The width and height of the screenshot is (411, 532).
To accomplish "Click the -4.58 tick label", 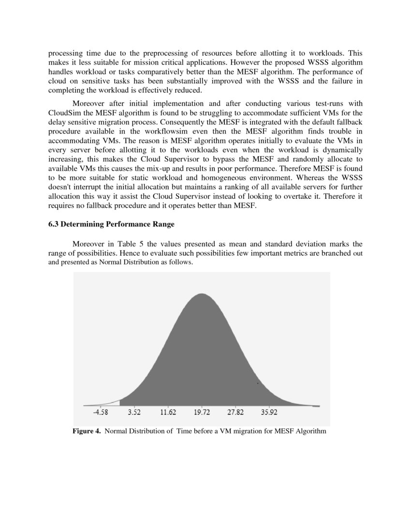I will (101, 413).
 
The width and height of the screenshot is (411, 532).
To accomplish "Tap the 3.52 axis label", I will (134, 413).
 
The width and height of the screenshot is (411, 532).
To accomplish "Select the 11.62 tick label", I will (168, 413).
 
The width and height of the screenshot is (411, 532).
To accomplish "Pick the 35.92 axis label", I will (269, 413).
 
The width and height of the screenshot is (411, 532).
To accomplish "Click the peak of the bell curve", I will (202, 295).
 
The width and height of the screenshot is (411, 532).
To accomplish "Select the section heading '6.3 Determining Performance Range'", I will (111, 224).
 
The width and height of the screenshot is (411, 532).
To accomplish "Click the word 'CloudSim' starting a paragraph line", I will (63, 114).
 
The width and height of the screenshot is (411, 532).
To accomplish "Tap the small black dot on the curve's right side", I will (258, 384).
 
